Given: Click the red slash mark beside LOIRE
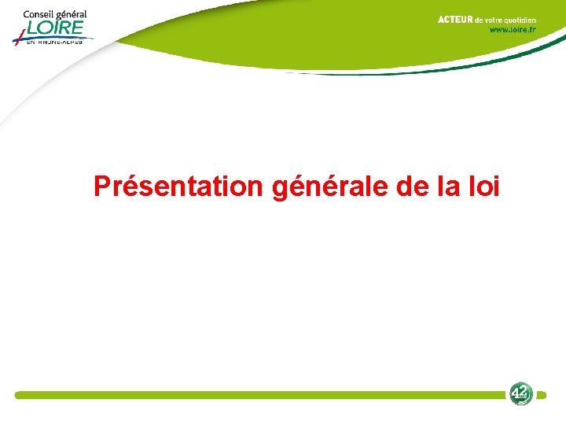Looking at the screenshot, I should (18, 34).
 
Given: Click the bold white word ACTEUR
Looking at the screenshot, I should (455, 20).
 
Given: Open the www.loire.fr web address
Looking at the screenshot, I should (513, 30).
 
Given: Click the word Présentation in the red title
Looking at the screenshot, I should (178, 187).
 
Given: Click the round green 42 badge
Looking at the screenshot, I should (520, 394).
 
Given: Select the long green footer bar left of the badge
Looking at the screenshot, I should (259, 395).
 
